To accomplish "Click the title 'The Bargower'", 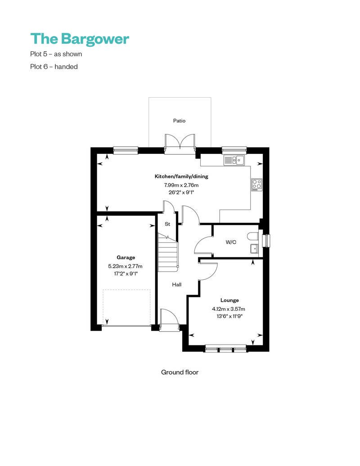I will [80, 39].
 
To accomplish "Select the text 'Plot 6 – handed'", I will [54, 67].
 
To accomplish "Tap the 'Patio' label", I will [179, 121].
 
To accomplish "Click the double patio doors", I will [180, 143].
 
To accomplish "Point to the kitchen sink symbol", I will [234, 159].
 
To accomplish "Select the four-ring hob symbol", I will [256, 184].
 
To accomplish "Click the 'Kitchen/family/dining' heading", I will [181, 176].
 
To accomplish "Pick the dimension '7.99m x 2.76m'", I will [181, 184].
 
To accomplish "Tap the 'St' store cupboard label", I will [167, 224].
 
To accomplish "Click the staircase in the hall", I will [168, 252].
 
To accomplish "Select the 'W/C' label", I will [231, 242].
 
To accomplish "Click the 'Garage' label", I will [126, 258].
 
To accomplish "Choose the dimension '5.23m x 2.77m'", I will [126, 266].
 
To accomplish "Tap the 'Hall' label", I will [177, 285].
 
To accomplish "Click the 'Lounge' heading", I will [229, 300].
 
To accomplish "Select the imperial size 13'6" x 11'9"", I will [229, 316].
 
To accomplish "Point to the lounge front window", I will [225, 348].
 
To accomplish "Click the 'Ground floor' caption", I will [180, 372].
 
